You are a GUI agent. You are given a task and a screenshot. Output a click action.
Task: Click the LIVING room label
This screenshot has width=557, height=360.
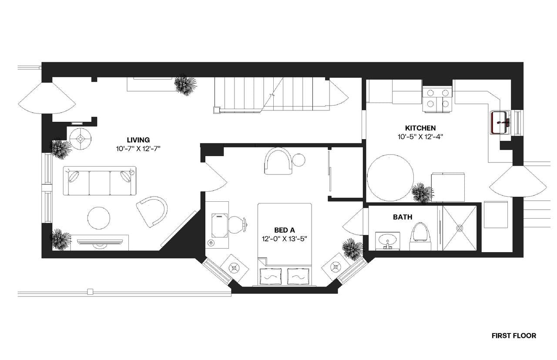[138, 140]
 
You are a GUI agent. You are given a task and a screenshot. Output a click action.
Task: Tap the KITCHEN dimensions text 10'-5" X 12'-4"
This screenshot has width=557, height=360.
[420, 136]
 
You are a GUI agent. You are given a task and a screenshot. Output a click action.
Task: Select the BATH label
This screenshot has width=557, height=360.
[403, 217]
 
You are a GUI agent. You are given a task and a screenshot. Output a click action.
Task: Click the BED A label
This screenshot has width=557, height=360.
[285, 230]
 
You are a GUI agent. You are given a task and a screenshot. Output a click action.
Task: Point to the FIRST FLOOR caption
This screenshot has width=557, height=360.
[513, 336]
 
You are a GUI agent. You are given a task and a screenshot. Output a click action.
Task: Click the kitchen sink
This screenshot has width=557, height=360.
[500, 123]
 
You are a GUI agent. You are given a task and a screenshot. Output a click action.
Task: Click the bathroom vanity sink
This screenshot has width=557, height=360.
[387, 240]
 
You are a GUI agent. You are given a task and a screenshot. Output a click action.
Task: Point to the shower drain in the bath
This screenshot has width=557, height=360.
[460, 227]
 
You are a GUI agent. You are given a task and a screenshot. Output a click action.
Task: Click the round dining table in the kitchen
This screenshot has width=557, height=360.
[390, 177]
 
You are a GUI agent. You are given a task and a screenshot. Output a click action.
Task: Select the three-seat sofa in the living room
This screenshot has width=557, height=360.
[100, 180]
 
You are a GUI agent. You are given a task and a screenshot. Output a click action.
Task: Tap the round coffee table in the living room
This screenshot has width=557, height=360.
[99, 217]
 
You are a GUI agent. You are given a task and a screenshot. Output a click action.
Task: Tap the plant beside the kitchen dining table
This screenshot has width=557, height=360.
[422, 192]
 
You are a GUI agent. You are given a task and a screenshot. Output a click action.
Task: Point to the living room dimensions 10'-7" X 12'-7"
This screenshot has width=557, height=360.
[138, 149]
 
